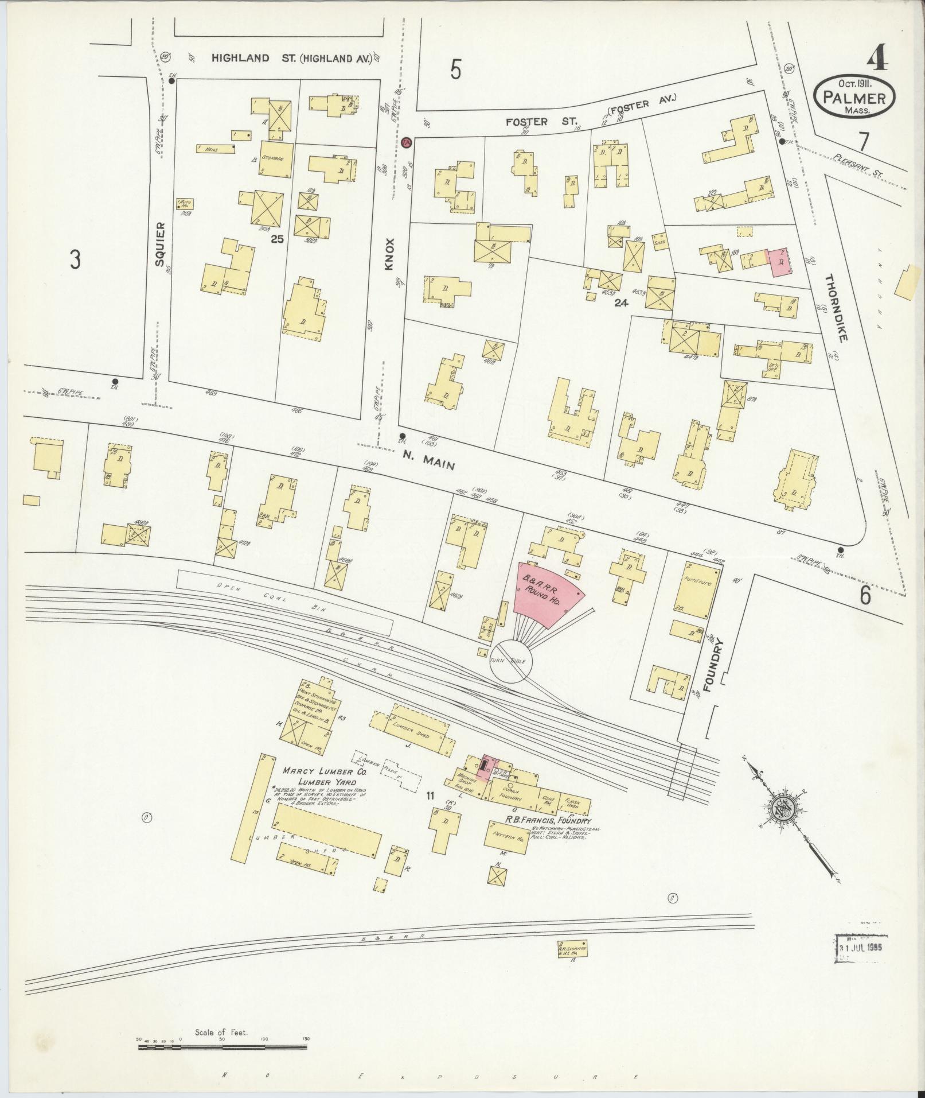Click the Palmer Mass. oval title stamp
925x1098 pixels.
pyautogui.click(x=854, y=96)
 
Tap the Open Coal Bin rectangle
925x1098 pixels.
pyautogui.click(x=285, y=603)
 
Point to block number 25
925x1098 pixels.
pyautogui.click(x=278, y=239)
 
